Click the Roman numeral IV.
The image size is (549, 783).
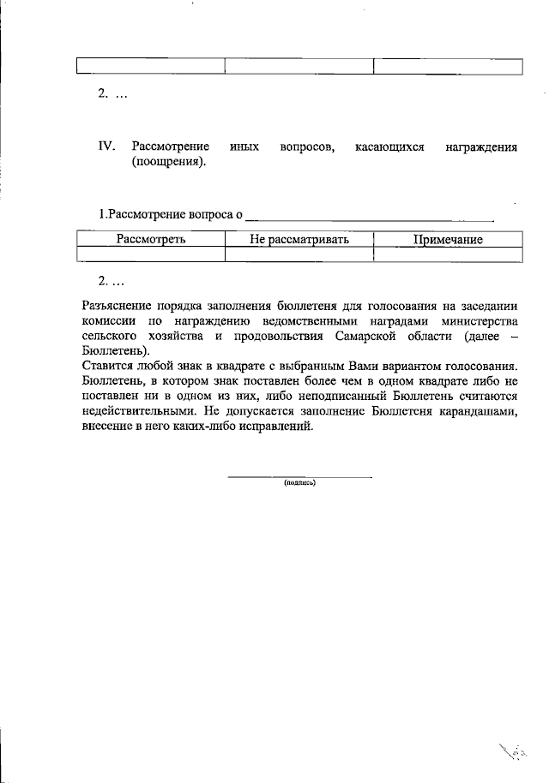coord(106,146)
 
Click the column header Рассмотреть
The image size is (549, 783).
coord(151,239)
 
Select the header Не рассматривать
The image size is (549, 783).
coord(299,239)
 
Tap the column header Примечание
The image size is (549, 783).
coord(448,239)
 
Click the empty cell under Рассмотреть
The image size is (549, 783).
coord(151,254)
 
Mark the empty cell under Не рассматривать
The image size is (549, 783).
coord(299,254)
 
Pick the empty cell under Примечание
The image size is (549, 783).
coord(448,254)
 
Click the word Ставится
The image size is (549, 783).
coord(106,366)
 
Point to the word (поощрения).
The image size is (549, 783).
coord(169,162)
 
